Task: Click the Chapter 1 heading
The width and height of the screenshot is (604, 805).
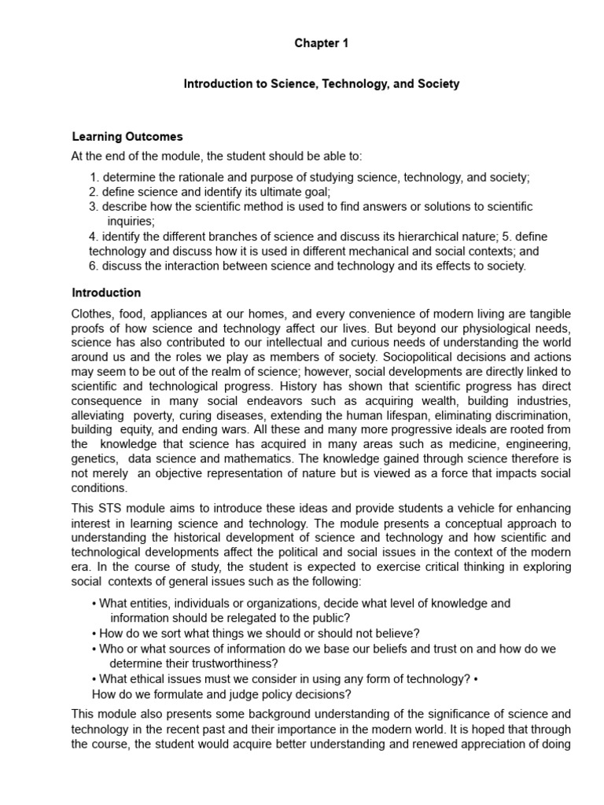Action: pos(321,44)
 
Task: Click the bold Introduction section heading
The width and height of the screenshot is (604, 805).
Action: pos(106,293)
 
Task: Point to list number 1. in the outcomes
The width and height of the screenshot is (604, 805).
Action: pos(94,178)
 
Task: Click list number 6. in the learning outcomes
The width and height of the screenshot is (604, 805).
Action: pos(94,266)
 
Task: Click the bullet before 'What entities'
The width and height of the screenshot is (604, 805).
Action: pos(94,604)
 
